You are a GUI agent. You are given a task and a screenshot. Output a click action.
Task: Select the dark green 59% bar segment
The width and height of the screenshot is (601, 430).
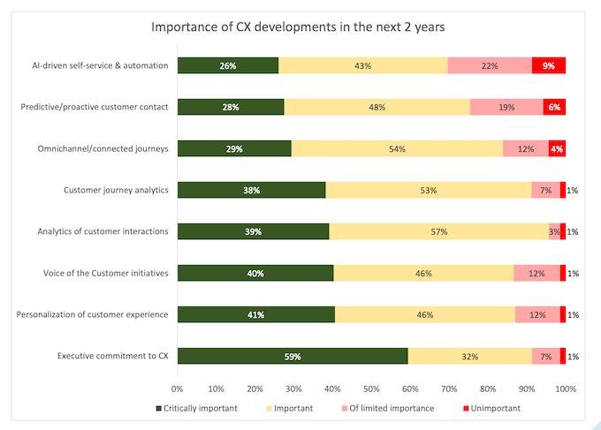292,356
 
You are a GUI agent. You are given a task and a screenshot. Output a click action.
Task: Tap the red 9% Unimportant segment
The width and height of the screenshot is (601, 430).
549,65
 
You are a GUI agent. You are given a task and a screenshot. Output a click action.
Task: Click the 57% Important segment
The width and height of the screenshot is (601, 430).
438,231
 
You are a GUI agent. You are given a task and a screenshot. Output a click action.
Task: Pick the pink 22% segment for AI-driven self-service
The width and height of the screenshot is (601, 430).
490,65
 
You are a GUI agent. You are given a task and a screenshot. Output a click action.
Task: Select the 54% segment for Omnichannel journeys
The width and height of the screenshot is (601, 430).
397,148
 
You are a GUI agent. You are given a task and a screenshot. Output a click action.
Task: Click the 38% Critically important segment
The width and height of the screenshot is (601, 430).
251,190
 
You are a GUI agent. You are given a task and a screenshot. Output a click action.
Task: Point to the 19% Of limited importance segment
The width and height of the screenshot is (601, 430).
506,107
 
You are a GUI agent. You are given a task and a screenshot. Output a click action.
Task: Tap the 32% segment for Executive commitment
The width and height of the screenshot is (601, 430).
469,356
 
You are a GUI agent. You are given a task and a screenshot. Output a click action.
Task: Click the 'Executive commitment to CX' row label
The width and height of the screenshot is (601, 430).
112,356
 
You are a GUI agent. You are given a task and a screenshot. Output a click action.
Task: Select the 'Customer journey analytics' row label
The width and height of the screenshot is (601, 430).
115,190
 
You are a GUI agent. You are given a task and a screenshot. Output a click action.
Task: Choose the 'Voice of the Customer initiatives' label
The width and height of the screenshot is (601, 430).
104,273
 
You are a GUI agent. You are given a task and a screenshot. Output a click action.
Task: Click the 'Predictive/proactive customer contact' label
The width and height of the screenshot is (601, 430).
95,107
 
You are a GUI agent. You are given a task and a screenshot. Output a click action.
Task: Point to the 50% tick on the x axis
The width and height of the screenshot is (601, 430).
371,388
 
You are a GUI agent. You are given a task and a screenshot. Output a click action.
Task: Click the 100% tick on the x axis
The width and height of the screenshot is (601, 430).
565,388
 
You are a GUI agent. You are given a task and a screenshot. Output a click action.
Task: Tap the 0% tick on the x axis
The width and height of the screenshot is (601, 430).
178,388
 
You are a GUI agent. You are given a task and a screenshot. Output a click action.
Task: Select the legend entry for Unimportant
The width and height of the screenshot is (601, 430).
491,409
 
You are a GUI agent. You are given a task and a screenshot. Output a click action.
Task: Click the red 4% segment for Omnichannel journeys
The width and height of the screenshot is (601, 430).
557,148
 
